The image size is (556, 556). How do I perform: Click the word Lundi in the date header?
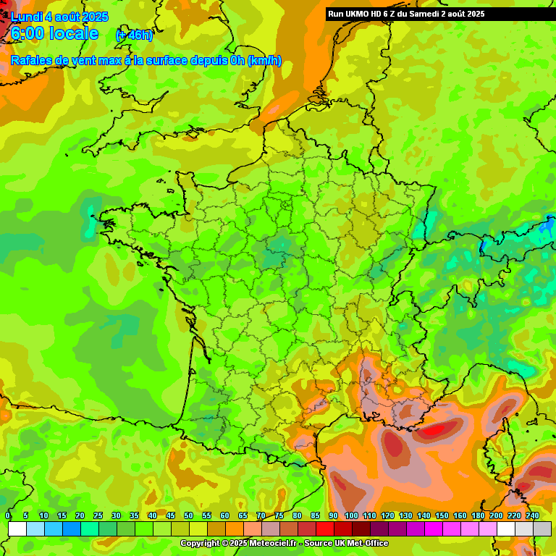click(x=26, y=17)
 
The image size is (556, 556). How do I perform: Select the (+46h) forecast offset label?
click(x=135, y=35)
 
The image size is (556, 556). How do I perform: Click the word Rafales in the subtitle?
click(x=31, y=61)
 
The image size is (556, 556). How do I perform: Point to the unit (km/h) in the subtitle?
click(x=264, y=61)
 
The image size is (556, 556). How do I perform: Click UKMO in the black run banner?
click(x=359, y=14)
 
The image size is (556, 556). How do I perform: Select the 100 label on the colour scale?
click(x=351, y=515)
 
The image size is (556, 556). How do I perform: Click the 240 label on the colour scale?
click(x=532, y=515)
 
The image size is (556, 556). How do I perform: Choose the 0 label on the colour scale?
click(x=8, y=515)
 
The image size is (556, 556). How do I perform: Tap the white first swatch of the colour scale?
click(x=17, y=528)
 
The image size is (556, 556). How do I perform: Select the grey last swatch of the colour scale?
click(x=542, y=528)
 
